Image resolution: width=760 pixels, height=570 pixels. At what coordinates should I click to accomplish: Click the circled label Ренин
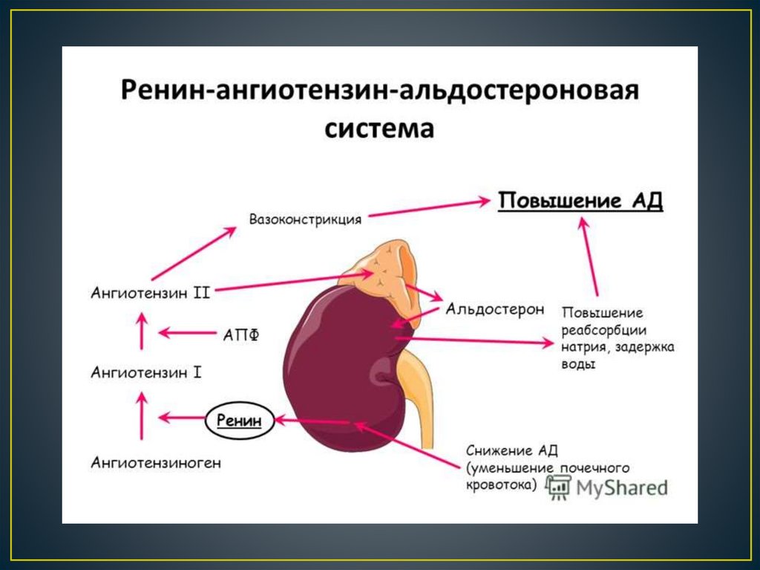tap(239, 421)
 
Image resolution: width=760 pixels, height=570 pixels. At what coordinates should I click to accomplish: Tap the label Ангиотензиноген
tap(156, 463)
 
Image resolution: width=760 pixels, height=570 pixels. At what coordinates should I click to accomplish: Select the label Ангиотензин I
tap(146, 372)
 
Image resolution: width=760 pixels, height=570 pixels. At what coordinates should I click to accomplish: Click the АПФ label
tap(241, 334)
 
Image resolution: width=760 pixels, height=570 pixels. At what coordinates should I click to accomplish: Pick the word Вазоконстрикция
tap(305, 220)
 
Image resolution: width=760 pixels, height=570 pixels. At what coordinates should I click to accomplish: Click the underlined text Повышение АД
tap(580, 201)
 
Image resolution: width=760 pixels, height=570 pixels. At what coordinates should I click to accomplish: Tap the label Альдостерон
tap(495, 308)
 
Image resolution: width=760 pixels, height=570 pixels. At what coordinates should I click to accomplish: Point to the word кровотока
tap(500, 484)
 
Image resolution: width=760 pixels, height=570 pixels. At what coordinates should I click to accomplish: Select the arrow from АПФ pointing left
tap(186, 333)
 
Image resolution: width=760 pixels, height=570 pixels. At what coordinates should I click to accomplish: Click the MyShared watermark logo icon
tap(559, 487)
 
